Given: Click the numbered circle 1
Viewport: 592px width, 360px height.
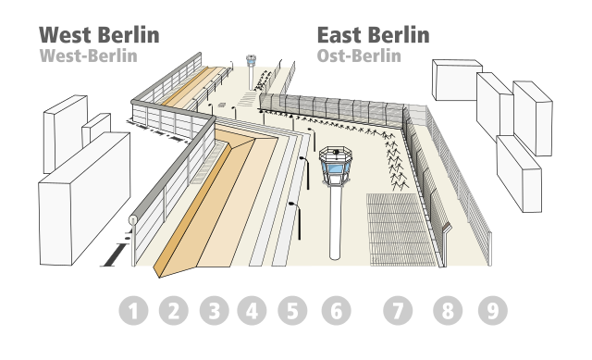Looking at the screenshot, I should (x=134, y=311).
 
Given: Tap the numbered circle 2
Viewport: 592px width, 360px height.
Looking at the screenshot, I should (x=173, y=311).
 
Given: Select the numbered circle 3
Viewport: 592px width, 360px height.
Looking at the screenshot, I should (x=213, y=311).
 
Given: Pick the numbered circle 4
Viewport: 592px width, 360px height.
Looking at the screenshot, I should (x=252, y=311).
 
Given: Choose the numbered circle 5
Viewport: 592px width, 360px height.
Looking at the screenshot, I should (x=291, y=311).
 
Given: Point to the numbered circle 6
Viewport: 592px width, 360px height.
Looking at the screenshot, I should (x=336, y=311).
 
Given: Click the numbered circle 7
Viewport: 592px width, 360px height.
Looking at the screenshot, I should (x=398, y=311).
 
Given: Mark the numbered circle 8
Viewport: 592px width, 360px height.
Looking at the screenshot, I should (x=448, y=311).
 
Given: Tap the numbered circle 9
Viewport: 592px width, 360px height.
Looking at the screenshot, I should (x=492, y=311).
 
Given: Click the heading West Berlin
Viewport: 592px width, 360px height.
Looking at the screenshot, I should (x=99, y=35).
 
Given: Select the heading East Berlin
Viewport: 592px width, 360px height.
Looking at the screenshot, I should (x=373, y=35).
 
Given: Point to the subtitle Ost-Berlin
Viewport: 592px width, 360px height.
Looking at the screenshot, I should (x=359, y=56).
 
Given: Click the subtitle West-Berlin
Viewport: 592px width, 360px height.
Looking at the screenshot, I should (x=89, y=56).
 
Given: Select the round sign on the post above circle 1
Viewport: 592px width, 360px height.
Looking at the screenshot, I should (x=133, y=219).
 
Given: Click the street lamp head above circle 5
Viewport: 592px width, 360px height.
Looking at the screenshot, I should (x=293, y=205).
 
